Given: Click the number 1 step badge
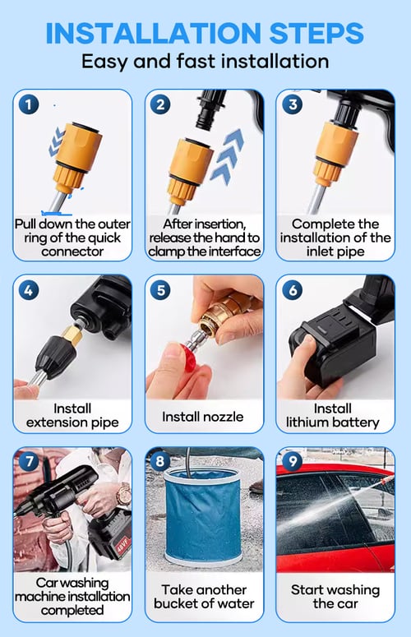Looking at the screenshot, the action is (x=29, y=105).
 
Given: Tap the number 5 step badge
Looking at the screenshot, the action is (x=160, y=290).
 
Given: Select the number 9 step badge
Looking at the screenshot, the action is (x=293, y=461).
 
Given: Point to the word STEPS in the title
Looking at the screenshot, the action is (x=316, y=34).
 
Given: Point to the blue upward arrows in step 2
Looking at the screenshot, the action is (x=227, y=157).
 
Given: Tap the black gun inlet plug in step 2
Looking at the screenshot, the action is (x=210, y=108).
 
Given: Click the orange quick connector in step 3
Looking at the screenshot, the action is (x=335, y=154).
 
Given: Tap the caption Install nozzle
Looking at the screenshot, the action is (x=203, y=417).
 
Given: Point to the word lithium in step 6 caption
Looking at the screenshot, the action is (x=307, y=422).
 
